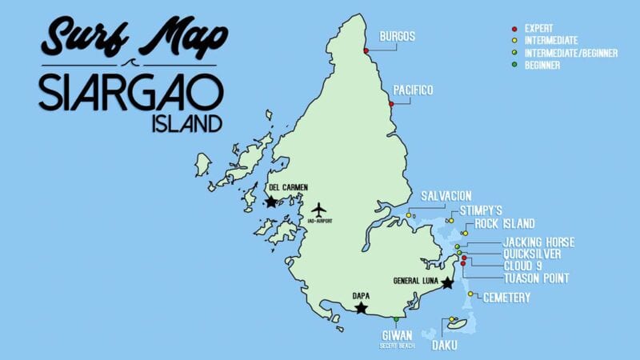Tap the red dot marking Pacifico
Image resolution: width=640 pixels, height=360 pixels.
pyautogui.click(x=391, y=104)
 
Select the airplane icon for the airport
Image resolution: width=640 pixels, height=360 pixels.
pyautogui.click(x=320, y=210)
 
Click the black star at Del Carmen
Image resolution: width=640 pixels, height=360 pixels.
pyautogui.click(x=271, y=202)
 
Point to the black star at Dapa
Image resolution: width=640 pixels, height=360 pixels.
pyautogui.click(x=361, y=307)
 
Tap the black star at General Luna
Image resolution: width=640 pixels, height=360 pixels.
pyautogui.click(x=447, y=283)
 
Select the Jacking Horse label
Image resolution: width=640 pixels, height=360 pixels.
pyautogui.click(x=538, y=242)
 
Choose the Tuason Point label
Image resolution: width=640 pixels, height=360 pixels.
pyautogui.click(x=536, y=278)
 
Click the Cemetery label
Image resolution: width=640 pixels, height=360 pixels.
pyautogui.click(x=506, y=298)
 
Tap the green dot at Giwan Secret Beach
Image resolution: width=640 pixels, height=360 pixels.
pyautogui.click(x=396, y=319)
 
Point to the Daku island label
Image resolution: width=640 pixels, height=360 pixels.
pyautogui.click(x=445, y=346)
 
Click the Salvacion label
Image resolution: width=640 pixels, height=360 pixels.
pyautogui.click(x=446, y=196)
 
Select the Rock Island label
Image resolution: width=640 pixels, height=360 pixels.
pyautogui.click(x=504, y=224)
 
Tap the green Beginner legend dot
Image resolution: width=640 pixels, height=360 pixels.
pyautogui.click(x=514, y=65)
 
